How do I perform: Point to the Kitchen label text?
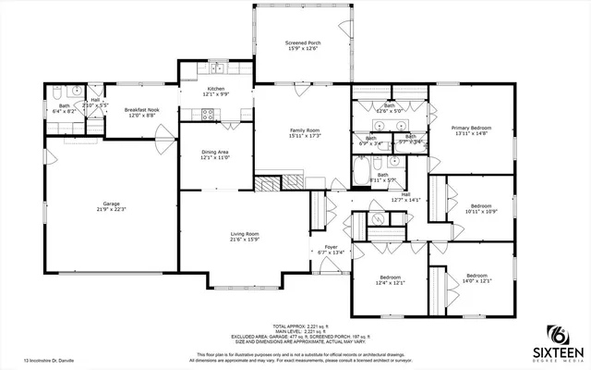[x=215, y=91]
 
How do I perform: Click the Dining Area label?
[x=214, y=155]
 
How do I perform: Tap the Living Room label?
[x=244, y=237]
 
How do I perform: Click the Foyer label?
[x=330, y=248]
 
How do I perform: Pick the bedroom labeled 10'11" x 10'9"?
[x=481, y=208]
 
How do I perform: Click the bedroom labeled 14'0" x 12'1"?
[x=477, y=278]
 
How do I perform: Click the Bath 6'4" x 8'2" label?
[x=65, y=107]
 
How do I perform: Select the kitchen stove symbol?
[x=209, y=115]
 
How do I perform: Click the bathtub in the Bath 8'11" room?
[x=360, y=173]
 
